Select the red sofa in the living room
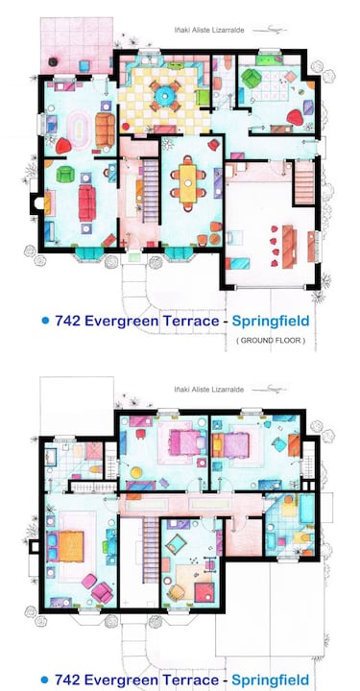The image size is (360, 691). pos(87,201)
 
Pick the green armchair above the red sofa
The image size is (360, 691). pos(65,175)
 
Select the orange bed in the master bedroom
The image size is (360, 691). pos(73,544)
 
